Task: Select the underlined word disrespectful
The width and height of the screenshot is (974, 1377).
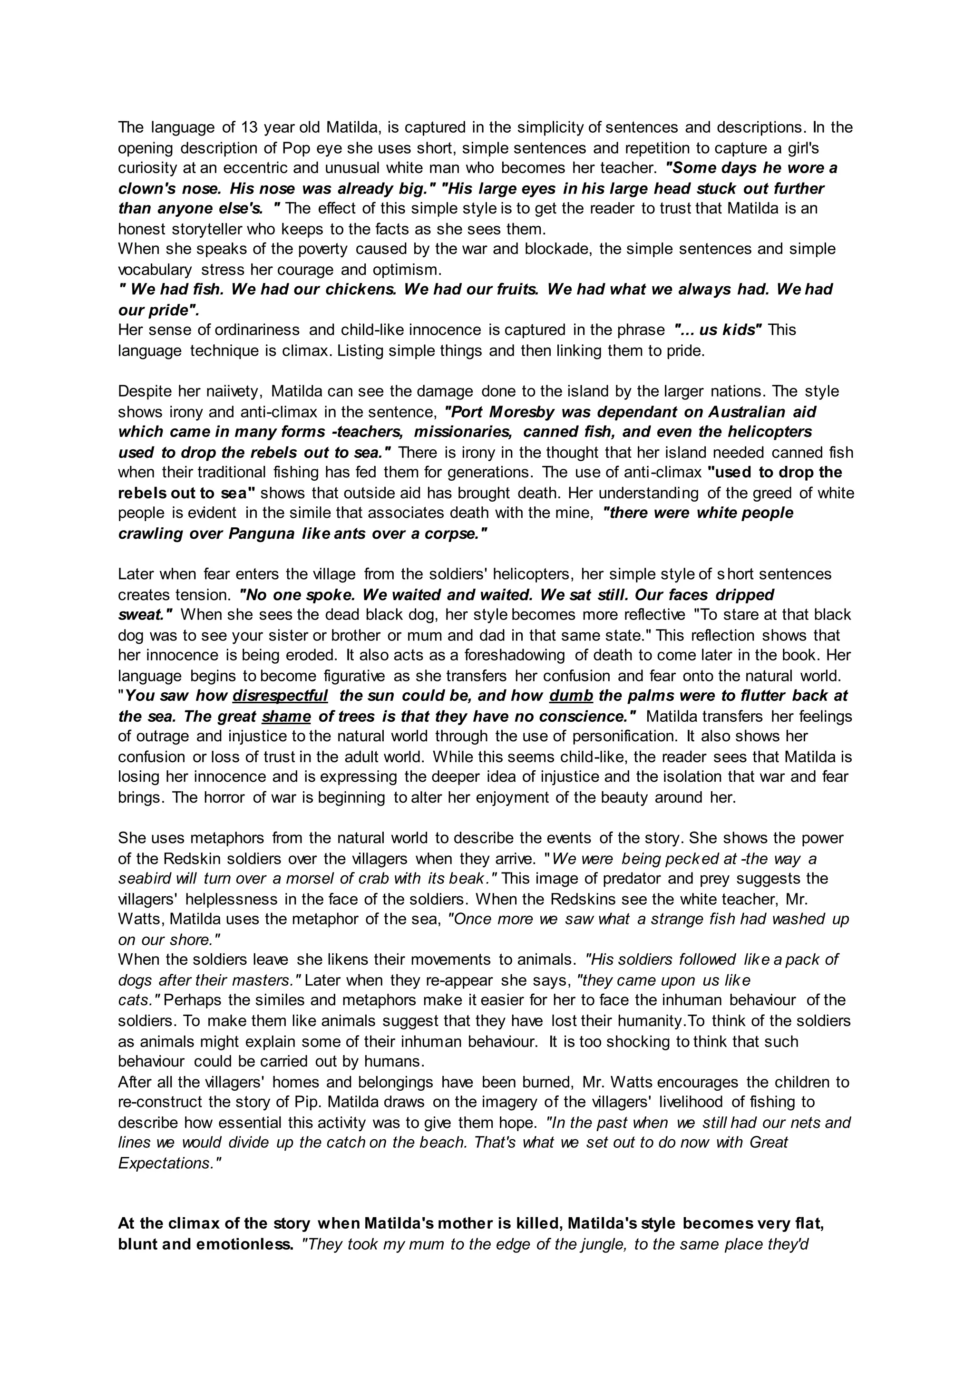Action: coord(280,696)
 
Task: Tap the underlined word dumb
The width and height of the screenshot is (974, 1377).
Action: coord(571,696)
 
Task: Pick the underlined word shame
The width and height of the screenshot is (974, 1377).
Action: coord(286,716)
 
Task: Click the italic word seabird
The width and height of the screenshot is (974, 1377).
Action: coord(142,879)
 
